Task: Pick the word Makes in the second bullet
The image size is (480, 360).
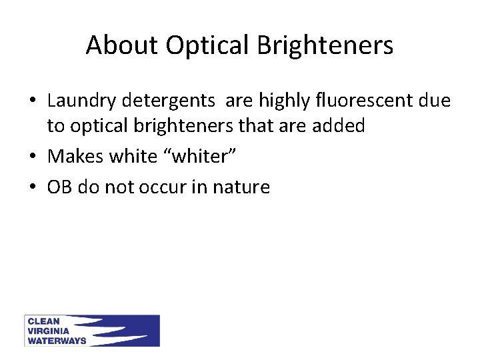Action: click(x=75, y=157)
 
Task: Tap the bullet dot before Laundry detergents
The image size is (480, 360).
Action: click(x=33, y=101)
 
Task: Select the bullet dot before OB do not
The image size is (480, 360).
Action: click(x=33, y=188)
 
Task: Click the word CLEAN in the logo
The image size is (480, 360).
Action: click(x=43, y=321)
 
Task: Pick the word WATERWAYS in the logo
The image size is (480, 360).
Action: click(x=57, y=340)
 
